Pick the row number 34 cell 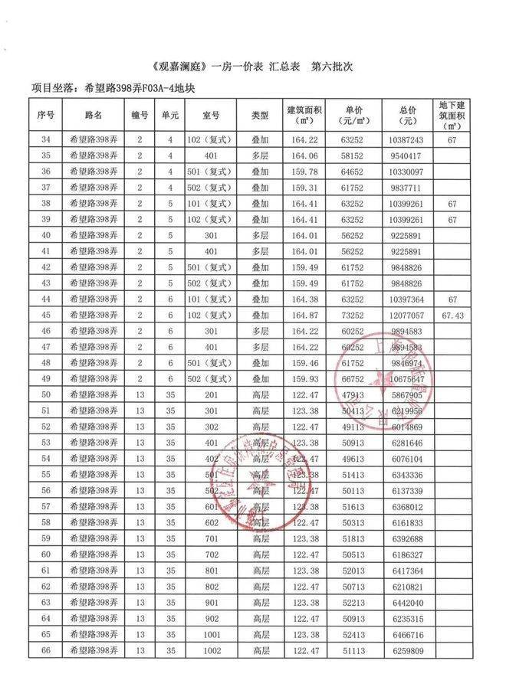(45, 140)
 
